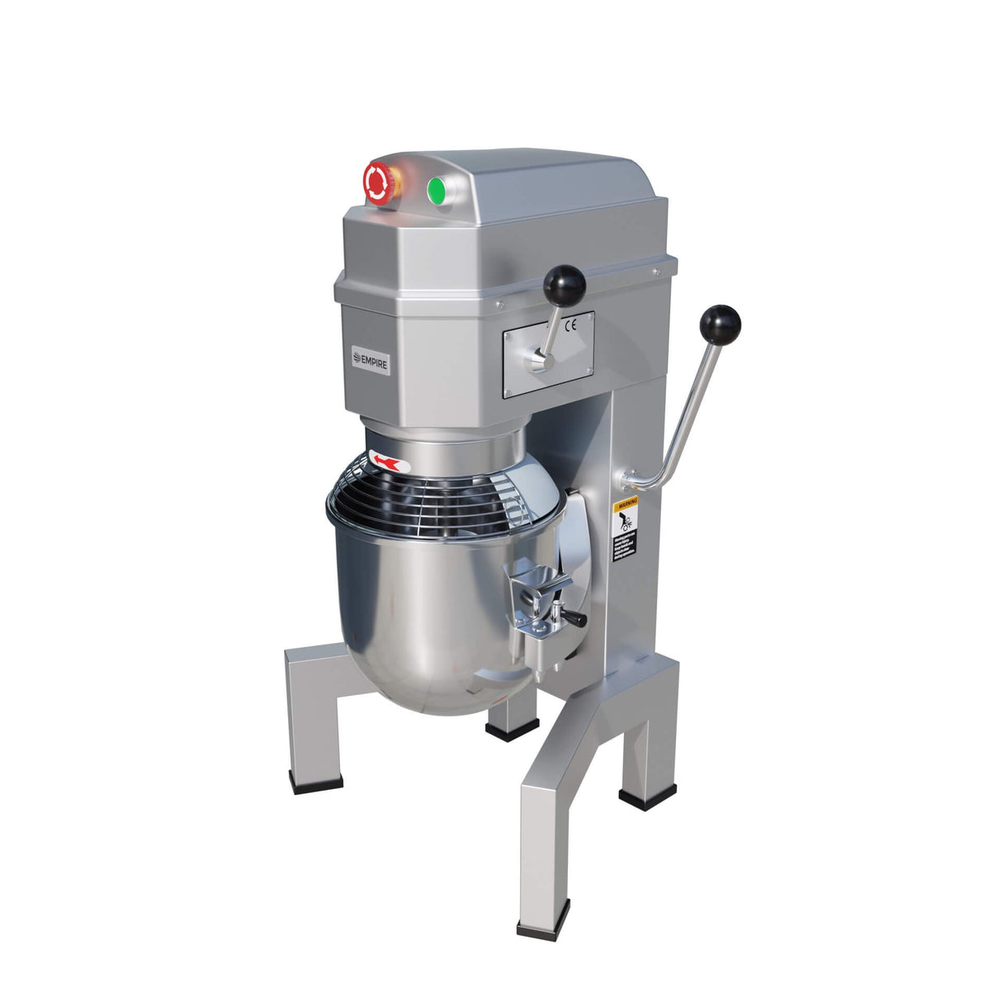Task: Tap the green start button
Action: [437, 191]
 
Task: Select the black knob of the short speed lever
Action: [565, 286]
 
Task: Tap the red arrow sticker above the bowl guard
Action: [390, 462]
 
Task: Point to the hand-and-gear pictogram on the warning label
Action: [626, 519]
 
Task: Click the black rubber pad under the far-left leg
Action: [316, 781]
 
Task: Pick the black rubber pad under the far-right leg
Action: [647, 796]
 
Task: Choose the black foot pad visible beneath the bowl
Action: [512, 730]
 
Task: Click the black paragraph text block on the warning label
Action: [625, 546]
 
